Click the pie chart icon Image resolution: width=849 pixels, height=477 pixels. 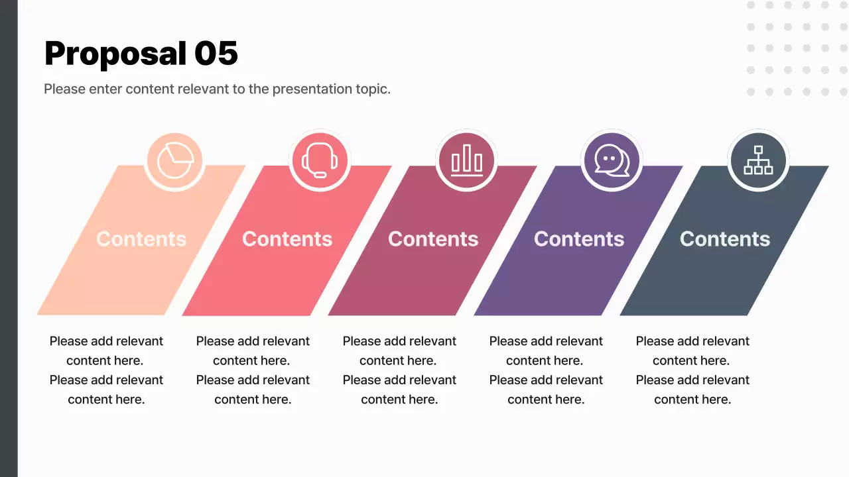coord(174,160)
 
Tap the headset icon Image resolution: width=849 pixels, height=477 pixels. coord(320,160)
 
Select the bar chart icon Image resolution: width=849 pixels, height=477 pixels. coord(466,160)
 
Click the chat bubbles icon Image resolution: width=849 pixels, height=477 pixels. coord(612,160)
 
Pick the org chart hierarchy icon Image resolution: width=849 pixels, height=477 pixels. coord(757,160)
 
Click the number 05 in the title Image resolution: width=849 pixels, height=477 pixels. coord(216,53)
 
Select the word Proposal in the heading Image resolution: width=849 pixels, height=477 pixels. coord(115,53)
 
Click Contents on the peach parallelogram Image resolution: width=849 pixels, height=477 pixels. coord(141,239)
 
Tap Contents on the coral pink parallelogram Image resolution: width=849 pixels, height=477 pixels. coord(287,239)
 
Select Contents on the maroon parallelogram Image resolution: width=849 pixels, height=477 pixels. coord(433,239)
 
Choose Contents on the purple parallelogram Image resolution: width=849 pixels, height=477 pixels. coord(579,239)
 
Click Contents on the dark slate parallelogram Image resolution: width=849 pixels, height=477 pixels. coord(725,239)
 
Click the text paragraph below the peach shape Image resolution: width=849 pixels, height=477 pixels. coord(106,370)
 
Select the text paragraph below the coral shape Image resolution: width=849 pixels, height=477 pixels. coord(253,370)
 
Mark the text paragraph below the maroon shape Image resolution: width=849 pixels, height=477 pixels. coord(399,370)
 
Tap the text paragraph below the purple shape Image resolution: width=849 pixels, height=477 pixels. coord(546,370)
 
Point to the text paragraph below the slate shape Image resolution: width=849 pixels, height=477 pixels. coord(692,370)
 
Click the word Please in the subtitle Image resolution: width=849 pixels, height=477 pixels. coord(64,89)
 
